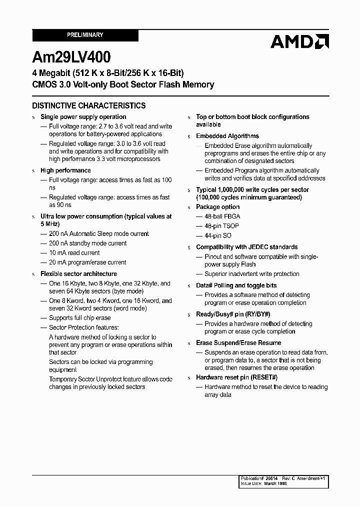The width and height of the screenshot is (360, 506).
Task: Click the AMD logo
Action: tap(299, 41)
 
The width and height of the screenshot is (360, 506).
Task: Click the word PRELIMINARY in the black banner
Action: tap(85, 35)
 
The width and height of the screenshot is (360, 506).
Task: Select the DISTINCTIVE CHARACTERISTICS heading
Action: tap(89, 105)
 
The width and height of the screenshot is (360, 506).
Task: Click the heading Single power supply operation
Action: tap(83, 117)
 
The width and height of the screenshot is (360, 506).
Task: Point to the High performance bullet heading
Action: tap(65, 170)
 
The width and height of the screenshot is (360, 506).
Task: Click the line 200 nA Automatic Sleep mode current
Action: tap(98, 234)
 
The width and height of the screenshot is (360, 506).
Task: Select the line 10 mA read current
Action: tap(74, 253)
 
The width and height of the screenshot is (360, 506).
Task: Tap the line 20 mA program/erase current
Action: tap(87, 262)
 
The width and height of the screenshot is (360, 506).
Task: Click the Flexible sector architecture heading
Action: tap(78, 274)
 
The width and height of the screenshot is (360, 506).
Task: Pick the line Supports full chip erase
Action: tap(79, 318)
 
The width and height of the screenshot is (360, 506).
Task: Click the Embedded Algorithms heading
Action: tap(227, 136)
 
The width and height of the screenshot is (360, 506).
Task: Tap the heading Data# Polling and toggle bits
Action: tap(236, 285)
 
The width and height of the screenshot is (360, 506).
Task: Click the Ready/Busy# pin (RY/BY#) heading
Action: tap(233, 314)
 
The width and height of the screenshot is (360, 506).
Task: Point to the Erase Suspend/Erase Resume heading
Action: tap(238, 343)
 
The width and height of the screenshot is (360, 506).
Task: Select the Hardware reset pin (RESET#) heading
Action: tap(236, 377)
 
